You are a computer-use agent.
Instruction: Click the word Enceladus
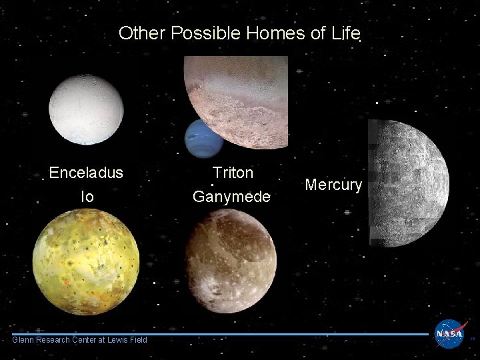(x=86, y=173)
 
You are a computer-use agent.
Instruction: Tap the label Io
(x=87, y=197)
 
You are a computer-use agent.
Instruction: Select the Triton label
(x=233, y=173)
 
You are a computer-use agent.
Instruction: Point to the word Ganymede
(x=231, y=197)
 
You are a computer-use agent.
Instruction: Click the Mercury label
(x=333, y=185)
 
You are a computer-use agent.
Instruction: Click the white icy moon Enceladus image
(x=86, y=109)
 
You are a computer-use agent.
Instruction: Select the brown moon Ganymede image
(x=231, y=261)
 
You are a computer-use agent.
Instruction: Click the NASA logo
(x=451, y=333)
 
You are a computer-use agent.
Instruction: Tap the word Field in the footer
(x=139, y=340)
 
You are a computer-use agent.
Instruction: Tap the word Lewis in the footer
(x=118, y=340)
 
